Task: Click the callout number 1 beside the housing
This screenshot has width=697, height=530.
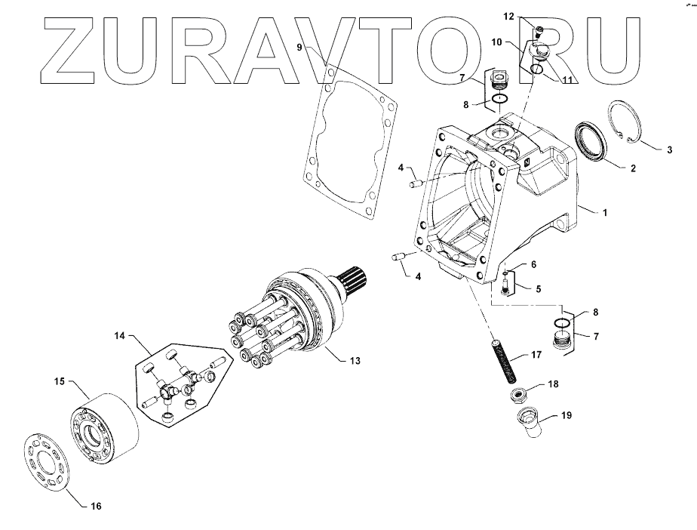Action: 603,214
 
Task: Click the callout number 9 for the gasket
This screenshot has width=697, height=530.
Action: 300,47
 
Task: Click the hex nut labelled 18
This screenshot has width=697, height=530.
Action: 517,395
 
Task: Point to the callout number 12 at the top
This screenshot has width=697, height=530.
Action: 530,16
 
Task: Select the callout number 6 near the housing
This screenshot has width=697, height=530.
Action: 533,264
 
